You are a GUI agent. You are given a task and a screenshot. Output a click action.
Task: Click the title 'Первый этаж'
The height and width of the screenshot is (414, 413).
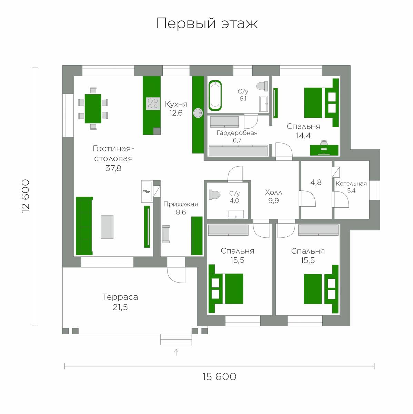207,23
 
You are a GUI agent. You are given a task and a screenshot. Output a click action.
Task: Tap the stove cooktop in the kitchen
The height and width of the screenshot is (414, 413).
153,104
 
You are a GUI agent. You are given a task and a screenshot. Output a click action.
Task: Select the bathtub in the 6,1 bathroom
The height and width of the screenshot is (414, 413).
215,95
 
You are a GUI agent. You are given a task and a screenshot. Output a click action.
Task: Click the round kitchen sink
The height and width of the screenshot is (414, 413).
198,113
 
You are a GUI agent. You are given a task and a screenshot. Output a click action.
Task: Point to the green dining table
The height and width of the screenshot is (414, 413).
93,108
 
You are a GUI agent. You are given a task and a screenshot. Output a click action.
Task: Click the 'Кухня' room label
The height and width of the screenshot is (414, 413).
176,104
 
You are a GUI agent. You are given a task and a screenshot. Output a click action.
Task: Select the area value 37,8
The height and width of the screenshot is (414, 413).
113,168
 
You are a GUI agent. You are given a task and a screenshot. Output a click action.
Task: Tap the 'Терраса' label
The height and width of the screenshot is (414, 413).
120,297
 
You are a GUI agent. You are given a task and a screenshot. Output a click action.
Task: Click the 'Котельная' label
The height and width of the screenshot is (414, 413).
351,184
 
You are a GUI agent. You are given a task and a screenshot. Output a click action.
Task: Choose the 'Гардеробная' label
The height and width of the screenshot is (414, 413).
237,133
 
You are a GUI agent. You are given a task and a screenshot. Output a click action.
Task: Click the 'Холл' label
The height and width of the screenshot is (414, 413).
273,192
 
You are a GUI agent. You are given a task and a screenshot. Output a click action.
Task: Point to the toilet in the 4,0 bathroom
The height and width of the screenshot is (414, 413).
214,195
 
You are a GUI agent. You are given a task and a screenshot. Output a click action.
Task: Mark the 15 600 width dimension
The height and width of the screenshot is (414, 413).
219,376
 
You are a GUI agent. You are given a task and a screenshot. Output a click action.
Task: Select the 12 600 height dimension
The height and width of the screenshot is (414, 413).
26,196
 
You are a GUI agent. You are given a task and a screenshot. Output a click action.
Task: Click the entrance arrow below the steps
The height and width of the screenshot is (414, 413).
176,352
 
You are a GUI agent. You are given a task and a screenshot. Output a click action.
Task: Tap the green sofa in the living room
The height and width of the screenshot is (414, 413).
84,226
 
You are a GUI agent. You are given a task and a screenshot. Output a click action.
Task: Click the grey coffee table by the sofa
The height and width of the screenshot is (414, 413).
107,227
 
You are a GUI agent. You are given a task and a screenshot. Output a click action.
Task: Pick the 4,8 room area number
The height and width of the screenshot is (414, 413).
316,183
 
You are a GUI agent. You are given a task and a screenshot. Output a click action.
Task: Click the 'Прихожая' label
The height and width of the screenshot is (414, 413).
181,204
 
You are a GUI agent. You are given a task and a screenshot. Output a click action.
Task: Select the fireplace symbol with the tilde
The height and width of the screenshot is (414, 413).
147,191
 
